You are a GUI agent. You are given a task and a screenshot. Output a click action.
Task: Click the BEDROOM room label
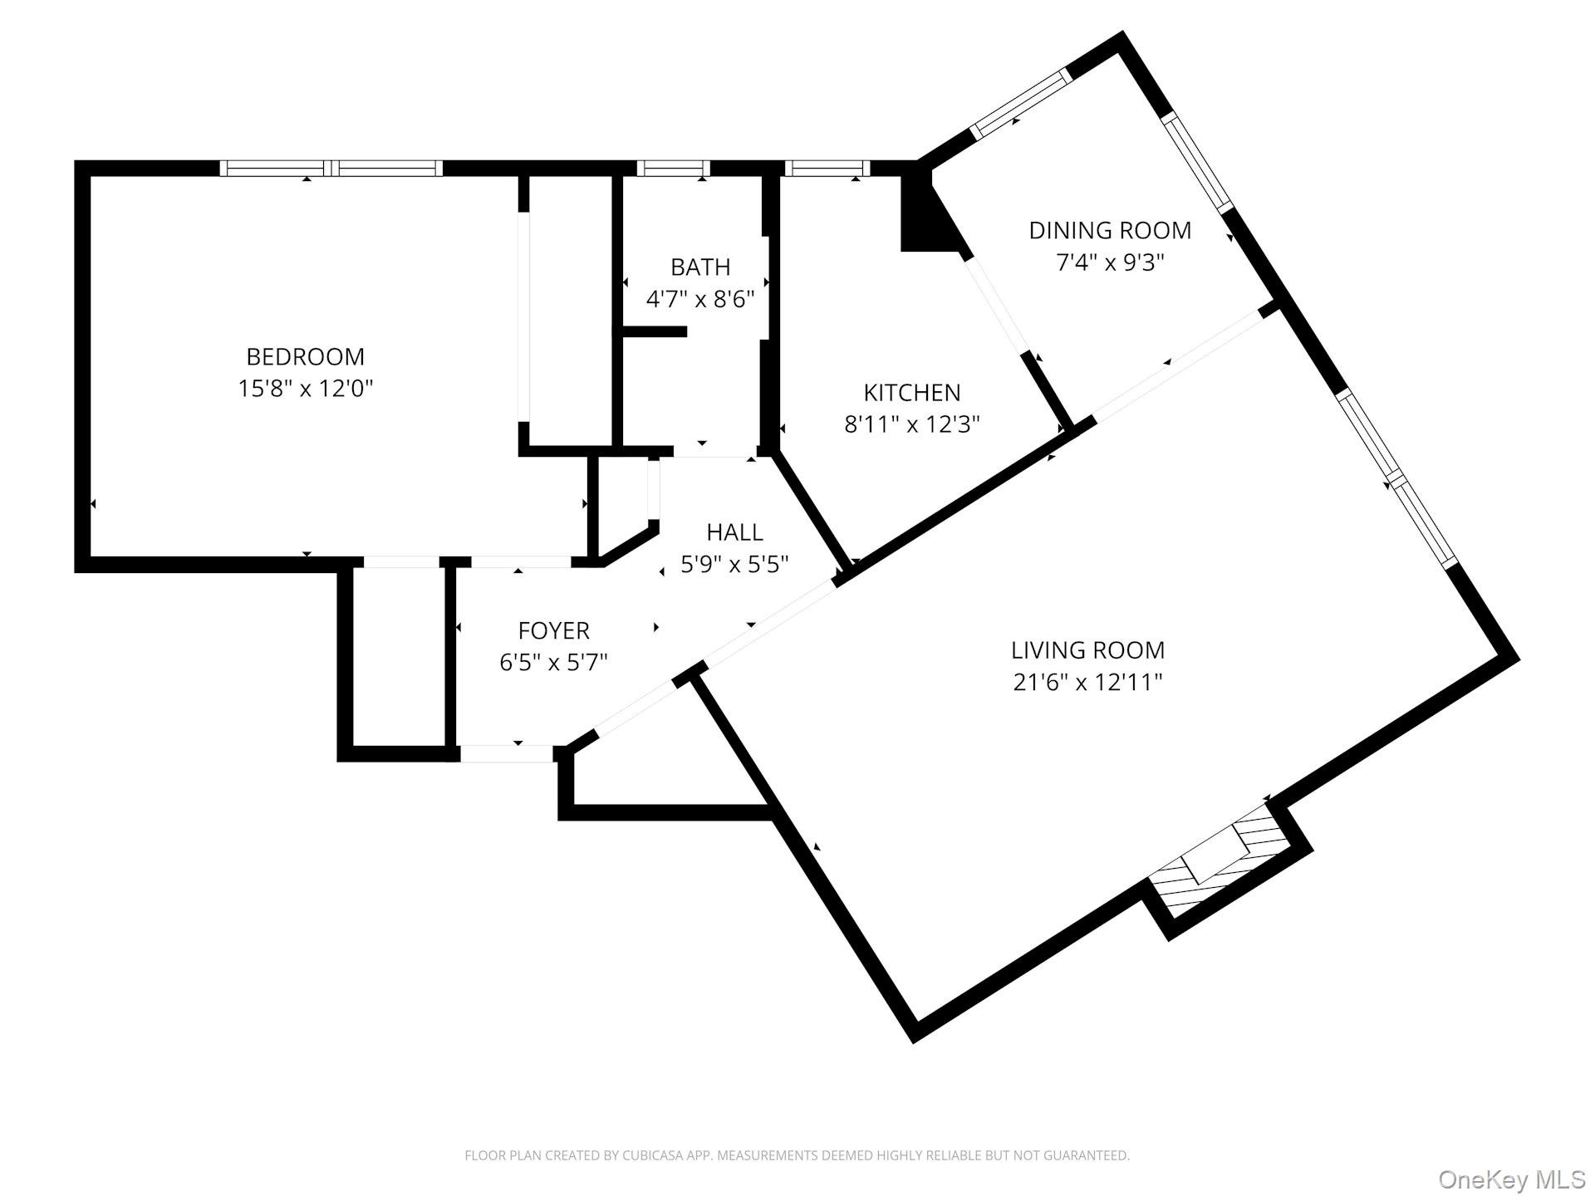pos(305,356)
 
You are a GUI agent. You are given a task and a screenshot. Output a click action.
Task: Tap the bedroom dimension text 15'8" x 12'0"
pos(305,389)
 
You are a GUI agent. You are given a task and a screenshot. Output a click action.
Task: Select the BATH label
pos(700,267)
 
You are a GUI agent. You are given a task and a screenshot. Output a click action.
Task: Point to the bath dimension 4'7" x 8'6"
pos(700,299)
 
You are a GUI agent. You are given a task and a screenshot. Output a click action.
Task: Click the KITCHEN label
pos(911,392)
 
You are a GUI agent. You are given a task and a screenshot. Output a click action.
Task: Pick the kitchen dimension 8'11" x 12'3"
pos(911,424)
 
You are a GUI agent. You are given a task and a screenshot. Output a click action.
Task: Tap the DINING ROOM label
pos(1109,230)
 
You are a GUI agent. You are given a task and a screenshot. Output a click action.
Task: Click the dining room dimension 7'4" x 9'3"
pos(1109,262)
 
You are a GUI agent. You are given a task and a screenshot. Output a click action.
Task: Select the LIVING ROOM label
pos(1087,649)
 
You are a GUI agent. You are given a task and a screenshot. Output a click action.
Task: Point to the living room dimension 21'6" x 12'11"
pos(1087,682)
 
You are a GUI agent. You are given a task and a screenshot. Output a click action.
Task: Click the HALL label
pos(734,532)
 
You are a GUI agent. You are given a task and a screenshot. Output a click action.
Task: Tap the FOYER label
pos(553,630)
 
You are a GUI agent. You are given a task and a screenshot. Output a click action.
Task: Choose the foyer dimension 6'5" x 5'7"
pos(553,663)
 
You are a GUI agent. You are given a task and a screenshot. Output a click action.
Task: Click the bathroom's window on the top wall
pos(673,168)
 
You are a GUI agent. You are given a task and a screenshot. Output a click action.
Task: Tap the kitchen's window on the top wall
pos(827,168)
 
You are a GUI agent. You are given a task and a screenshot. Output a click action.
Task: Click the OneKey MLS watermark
pos(1511,1179)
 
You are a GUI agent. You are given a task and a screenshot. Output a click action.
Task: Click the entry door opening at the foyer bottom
pos(506,753)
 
